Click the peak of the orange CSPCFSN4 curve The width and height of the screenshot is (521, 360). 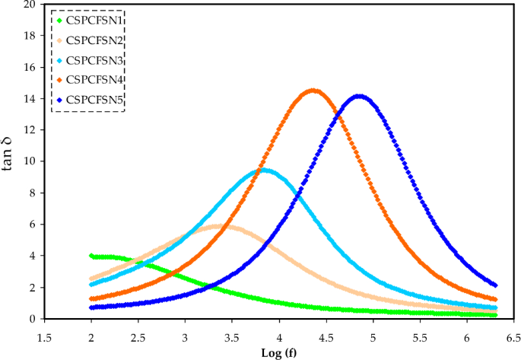313,90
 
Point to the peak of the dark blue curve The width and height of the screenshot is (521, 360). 359,96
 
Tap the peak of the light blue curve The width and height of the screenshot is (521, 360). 263,170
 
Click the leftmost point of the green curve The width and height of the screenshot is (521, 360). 91,256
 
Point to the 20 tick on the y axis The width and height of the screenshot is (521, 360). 30,4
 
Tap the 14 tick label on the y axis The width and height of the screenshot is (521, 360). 30,98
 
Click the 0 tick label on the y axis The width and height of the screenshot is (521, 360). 33,319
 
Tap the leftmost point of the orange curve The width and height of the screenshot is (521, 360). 91,299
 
